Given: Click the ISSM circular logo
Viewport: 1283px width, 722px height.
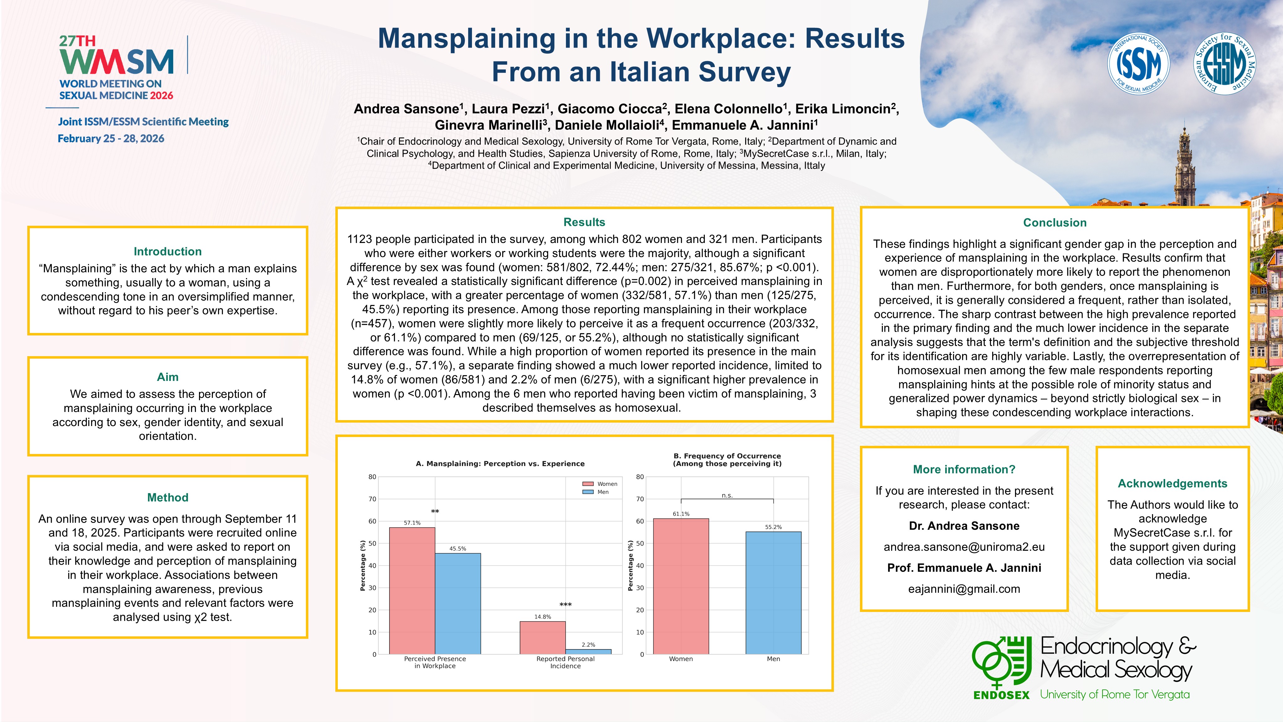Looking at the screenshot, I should [1138, 64].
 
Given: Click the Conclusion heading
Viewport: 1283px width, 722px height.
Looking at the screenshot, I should [1055, 223].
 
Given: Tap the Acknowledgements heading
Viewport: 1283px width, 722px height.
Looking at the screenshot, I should [1172, 483].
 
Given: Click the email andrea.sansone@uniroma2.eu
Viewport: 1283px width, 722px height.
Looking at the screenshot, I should [964, 547].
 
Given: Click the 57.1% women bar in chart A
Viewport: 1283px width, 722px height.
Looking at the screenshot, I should [412, 590].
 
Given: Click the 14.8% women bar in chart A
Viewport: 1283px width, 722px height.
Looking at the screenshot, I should [542, 638].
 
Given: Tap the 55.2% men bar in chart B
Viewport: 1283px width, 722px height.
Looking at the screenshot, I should [773, 593].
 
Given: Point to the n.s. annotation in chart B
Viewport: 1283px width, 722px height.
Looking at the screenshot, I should [727, 495].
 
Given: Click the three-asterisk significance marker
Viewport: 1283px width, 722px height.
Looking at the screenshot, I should [565, 605].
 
